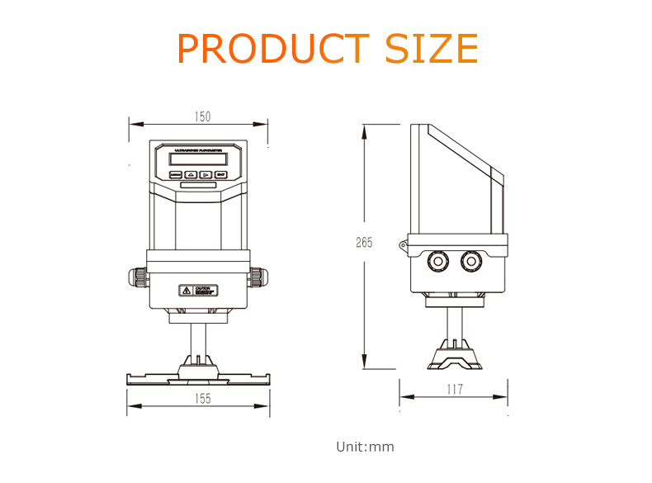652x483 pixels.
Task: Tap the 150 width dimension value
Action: coord(202,116)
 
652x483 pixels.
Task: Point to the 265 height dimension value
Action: coord(364,243)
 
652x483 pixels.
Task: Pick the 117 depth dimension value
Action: coord(454,389)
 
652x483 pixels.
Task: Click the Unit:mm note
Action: coord(365,447)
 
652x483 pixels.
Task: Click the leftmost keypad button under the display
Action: coord(175,175)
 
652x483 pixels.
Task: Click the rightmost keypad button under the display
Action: coord(221,175)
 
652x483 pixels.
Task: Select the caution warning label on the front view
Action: coord(198,290)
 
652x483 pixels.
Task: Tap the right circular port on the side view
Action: coord(471,261)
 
